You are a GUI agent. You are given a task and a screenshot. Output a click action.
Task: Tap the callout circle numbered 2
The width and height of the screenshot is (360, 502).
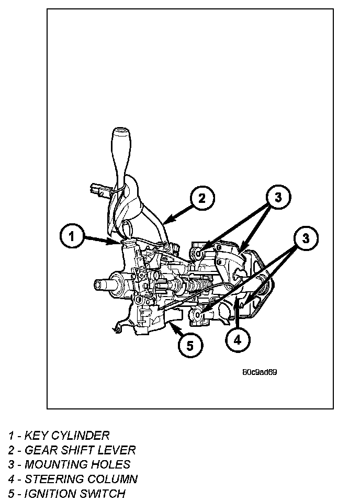click(x=202, y=198)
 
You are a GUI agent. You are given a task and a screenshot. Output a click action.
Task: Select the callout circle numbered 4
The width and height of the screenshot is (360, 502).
click(x=238, y=340)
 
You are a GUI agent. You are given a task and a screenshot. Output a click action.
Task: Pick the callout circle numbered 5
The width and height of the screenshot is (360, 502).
click(x=189, y=345)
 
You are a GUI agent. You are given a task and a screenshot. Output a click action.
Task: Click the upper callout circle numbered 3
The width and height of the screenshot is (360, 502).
click(x=278, y=197)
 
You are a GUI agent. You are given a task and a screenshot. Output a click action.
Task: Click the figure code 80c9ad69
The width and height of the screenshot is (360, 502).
click(x=260, y=373)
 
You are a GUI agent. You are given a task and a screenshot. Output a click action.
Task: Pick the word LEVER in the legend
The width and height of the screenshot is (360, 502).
click(x=118, y=450)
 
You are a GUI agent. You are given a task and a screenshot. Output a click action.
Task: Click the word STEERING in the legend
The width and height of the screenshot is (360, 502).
click(x=50, y=479)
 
